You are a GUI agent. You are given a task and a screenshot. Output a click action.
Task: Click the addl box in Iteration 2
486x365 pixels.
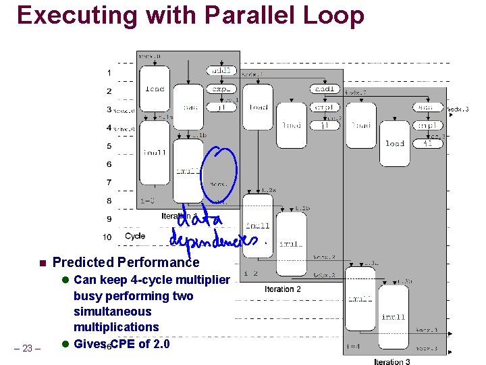[x=325, y=89]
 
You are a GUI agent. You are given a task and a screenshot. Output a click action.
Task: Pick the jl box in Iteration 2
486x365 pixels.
[x=325, y=124]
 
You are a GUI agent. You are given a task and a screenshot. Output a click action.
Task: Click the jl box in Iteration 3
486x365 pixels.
[x=427, y=143]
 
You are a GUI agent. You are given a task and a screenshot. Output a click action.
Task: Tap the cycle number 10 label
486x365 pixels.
[x=107, y=237]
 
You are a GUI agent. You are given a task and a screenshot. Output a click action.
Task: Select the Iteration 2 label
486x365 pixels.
[x=282, y=289]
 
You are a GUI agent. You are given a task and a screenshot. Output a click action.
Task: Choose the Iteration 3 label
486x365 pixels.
[x=392, y=362]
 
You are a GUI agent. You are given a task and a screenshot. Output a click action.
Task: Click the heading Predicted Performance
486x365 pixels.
[x=126, y=262]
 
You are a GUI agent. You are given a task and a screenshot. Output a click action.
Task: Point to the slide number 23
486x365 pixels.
[x=28, y=348]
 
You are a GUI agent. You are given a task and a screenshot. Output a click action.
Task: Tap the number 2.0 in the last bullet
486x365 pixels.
[x=160, y=343]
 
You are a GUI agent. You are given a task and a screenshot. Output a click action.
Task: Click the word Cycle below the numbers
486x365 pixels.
[x=135, y=236]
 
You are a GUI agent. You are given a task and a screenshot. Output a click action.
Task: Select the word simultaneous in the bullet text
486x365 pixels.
[x=112, y=312]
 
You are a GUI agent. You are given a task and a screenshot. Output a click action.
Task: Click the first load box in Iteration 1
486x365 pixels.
[x=155, y=89]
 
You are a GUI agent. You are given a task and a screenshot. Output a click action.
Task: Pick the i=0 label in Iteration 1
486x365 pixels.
[x=148, y=201]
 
